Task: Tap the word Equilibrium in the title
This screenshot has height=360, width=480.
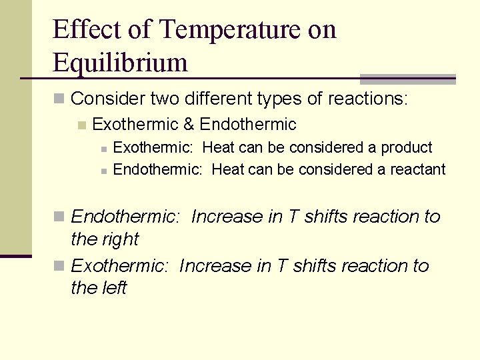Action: [x=120, y=63]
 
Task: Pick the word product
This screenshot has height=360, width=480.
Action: [x=405, y=147]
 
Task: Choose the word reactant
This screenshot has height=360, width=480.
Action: [x=417, y=169]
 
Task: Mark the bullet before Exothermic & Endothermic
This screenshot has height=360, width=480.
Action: [x=82, y=125]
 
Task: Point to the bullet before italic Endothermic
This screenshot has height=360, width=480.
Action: [x=59, y=217]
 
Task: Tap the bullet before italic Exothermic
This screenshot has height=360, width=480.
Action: [x=59, y=266]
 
